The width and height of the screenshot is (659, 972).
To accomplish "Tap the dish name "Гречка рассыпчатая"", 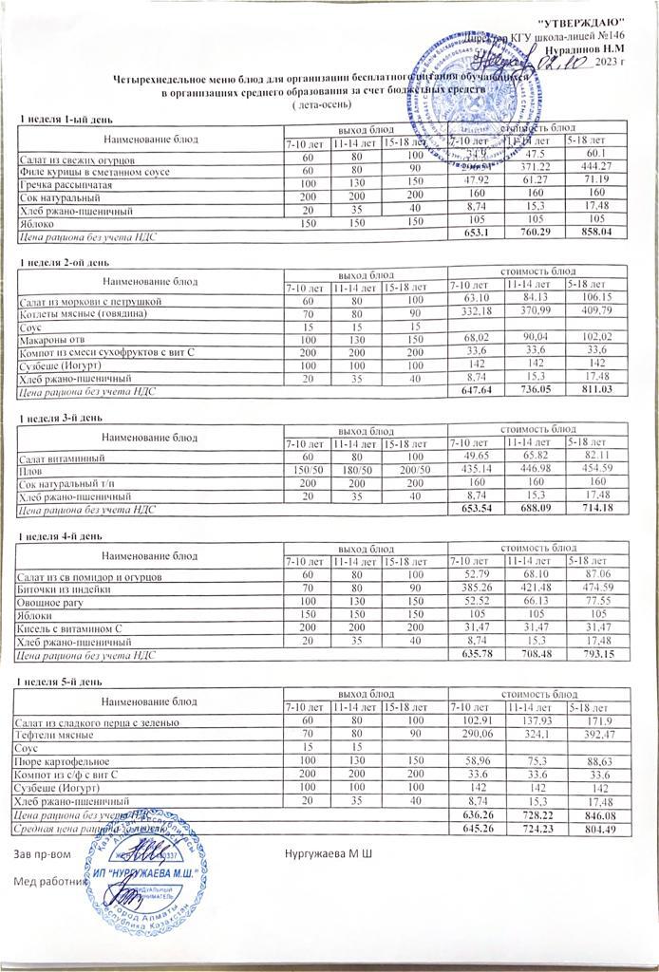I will coord(60,183).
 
